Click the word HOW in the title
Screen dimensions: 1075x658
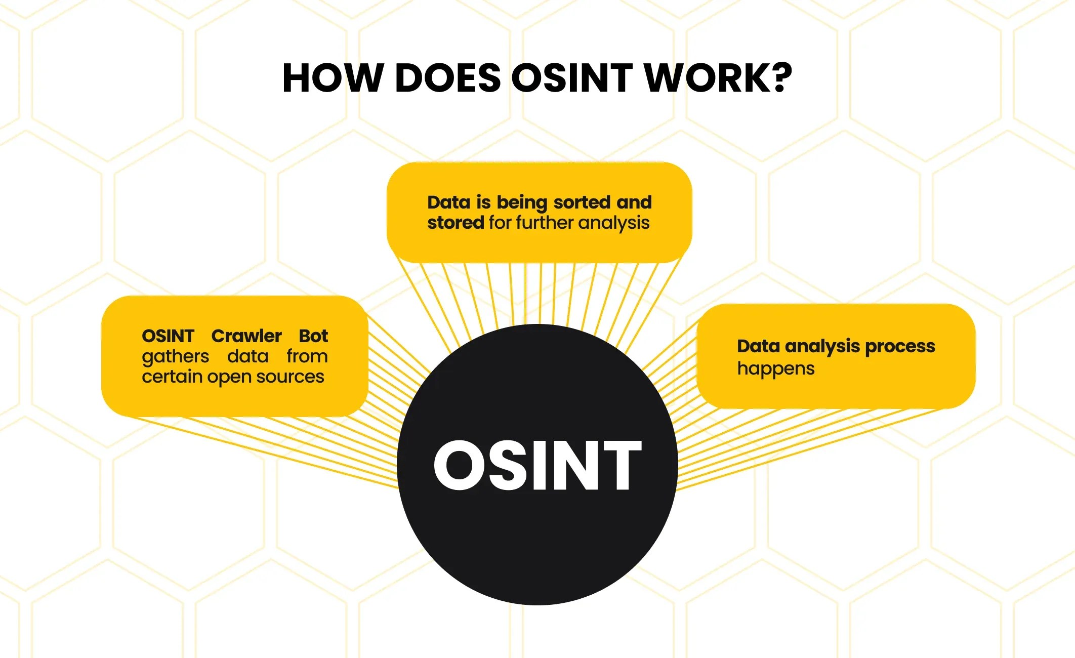[x=332, y=78]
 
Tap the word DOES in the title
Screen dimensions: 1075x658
[x=447, y=78]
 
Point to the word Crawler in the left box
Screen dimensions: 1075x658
[x=246, y=336]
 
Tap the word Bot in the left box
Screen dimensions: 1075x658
[x=313, y=336]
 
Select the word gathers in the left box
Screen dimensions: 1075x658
[x=175, y=357]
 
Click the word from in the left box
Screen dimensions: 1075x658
[x=307, y=356]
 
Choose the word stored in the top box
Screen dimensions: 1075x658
[x=456, y=223]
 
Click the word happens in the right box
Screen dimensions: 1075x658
[x=776, y=369]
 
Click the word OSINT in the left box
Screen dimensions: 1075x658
[x=168, y=336]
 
